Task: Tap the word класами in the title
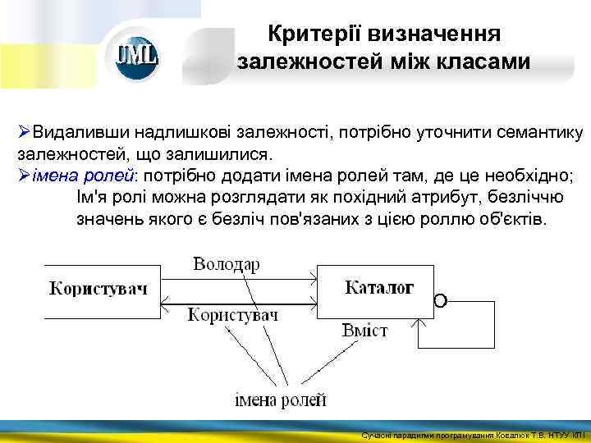pos(484,62)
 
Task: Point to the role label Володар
pos(227,264)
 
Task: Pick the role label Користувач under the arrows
pos(234,315)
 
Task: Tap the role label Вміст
pos(364,331)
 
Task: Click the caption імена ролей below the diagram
pos(280,400)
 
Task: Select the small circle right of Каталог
pos(440,301)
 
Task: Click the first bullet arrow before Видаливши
pos(24,132)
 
